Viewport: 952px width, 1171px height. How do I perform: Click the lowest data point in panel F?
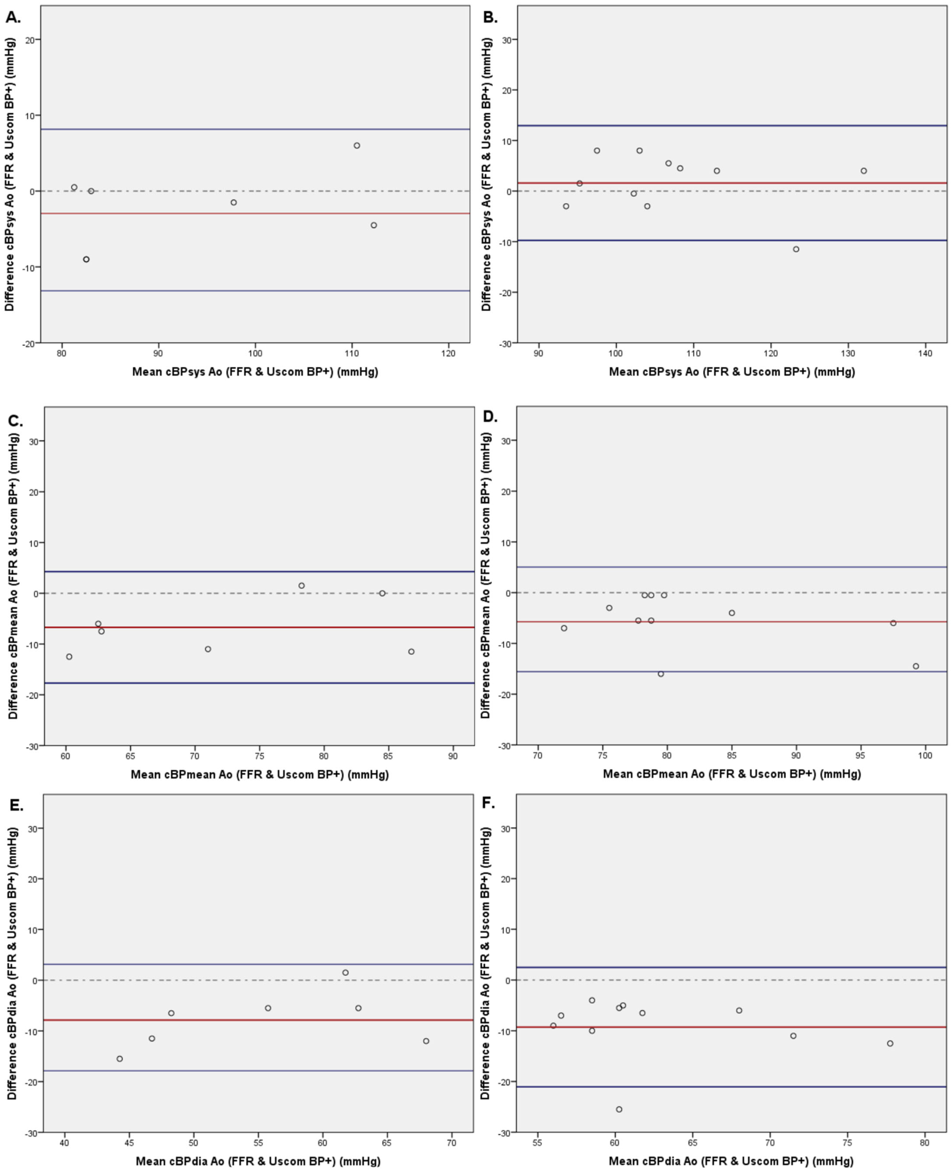(x=619, y=1109)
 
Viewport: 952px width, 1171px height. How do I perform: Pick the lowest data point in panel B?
(x=796, y=249)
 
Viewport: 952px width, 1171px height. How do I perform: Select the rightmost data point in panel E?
(x=426, y=1041)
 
